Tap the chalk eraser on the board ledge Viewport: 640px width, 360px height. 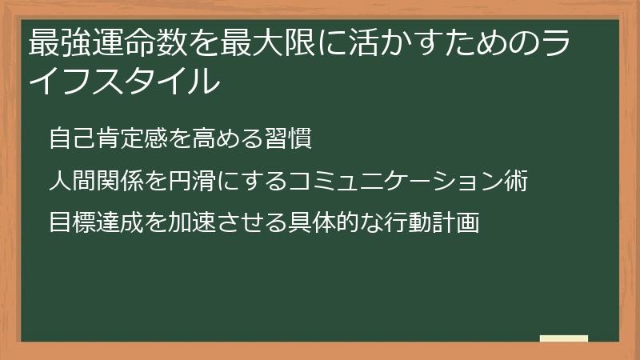tap(564, 338)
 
